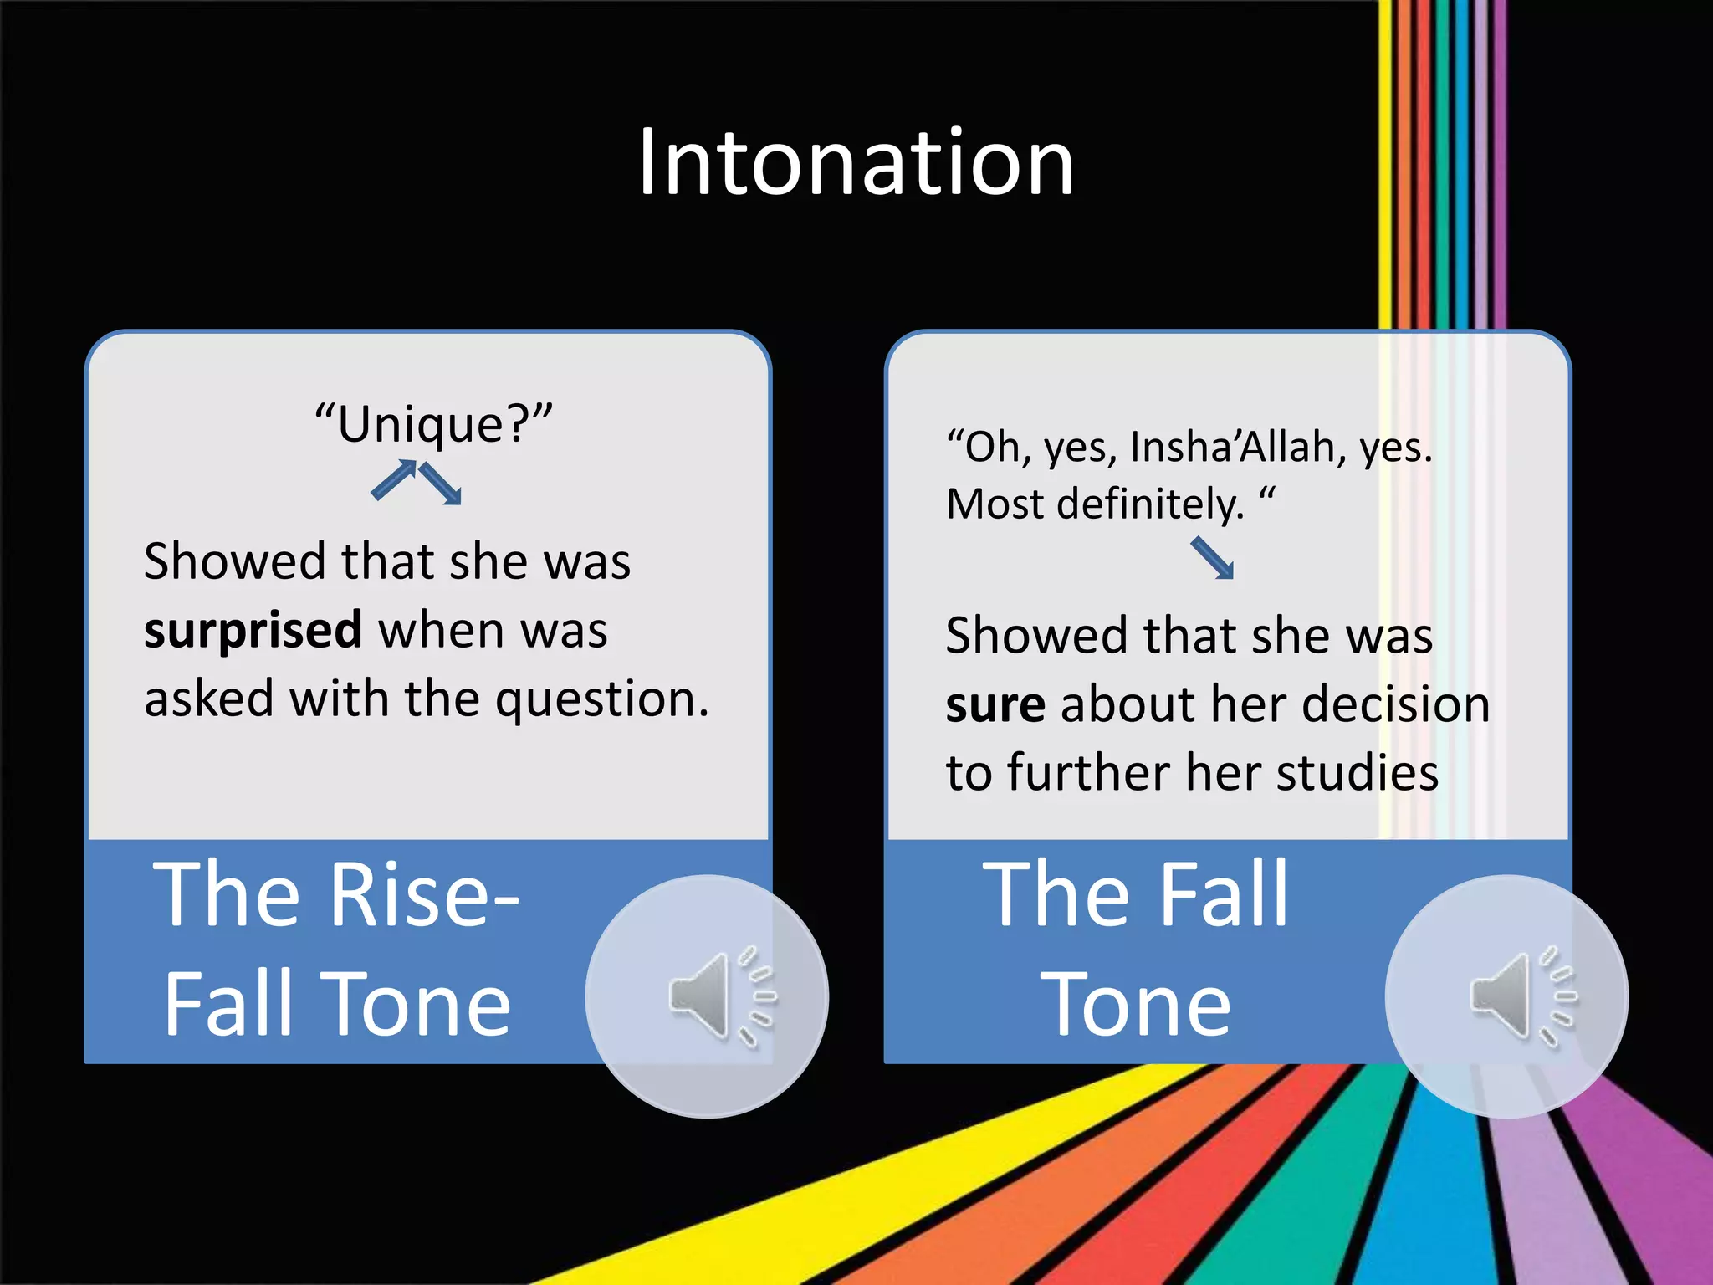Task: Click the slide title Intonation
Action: [855, 162]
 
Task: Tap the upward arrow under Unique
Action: [394, 480]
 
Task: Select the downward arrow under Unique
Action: [441, 484]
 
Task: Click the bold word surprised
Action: [253, 630]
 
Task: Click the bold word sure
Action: [995, 704]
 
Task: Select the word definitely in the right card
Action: [1150, 504]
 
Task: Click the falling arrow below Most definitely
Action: [1212, 559]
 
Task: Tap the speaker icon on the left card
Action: [707, 996]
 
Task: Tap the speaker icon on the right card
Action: [1507, 996]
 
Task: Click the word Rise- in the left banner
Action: [425, 895]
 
